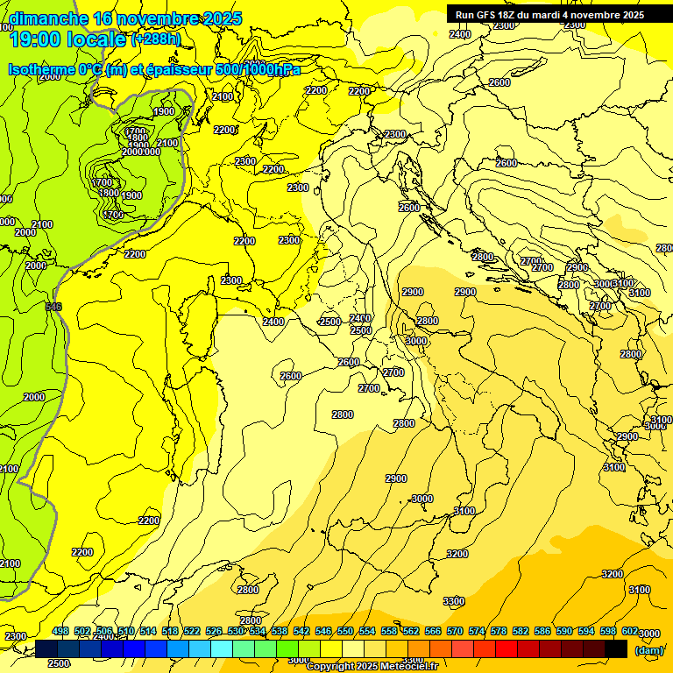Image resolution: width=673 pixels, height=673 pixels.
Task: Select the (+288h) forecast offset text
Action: coord(156,39)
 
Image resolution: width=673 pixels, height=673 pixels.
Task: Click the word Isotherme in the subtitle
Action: coord(39,70)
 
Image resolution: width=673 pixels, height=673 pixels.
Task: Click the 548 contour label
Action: coord(53,307)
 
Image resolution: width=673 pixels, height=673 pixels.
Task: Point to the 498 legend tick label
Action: coord(60,631)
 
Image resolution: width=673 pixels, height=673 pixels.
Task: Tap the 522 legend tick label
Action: coord(192,631)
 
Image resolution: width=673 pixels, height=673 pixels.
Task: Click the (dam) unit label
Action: coord(648,650)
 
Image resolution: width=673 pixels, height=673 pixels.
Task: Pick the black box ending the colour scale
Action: coord(616,648)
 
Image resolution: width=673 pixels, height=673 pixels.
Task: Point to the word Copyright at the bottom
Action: coord(328,667)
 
